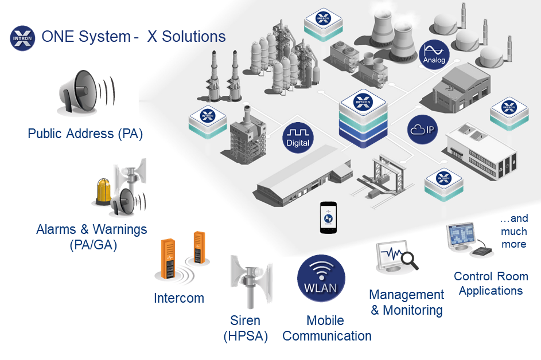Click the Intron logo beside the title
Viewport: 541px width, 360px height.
click(x=22, y=38)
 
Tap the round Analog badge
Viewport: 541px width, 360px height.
click(x=434, y=54)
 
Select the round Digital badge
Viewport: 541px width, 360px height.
click(x=298, y=138)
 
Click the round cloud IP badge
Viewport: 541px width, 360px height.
click(x=423, y=130)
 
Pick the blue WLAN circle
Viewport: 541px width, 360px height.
click(x=321, y=279)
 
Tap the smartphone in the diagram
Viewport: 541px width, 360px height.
click(x=328, y=218)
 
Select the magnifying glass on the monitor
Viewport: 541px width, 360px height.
click(x=408, y=260)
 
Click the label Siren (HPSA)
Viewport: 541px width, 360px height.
click(x=246, y=328)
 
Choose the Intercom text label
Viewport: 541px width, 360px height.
click(x=179, y=298)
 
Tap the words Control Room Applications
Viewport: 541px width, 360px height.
click(x=491, y=283)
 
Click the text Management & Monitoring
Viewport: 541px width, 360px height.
click(x=407, y=303)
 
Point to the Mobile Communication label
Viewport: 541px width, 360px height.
click(x=327, y=328)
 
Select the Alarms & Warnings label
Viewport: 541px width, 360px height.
click(x=92, y=237)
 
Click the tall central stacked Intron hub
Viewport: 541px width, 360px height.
click(x=363, y=119)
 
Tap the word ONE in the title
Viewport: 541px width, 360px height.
click(x=57, y=36)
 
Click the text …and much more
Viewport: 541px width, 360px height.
click(x=513, y=231)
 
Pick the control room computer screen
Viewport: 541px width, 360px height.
click(x=461, y=235)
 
